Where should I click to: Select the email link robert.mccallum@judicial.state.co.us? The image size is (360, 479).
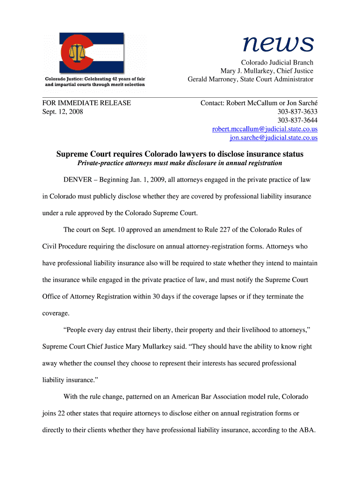pos(265,129)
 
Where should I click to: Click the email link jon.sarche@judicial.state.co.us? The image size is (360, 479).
pos(274,138)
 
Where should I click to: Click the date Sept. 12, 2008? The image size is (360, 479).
pos(63,112)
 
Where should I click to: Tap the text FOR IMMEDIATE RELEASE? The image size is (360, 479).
pos(86,103)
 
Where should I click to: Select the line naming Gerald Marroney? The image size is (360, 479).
pos(250,80)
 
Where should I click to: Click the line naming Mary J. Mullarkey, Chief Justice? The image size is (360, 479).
pos(266,71)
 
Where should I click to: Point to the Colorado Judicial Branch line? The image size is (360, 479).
pos(277,63)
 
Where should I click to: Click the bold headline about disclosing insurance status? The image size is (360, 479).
pos(180,154)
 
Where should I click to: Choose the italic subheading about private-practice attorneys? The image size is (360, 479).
pos(180,163)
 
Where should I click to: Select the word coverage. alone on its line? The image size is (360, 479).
pos(56,313)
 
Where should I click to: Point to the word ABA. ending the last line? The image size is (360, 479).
pos(308,430)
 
